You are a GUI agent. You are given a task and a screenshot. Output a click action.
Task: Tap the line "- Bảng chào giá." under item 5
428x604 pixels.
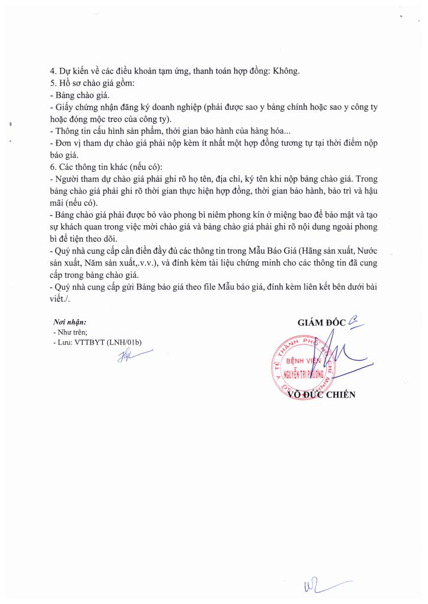[80, 95]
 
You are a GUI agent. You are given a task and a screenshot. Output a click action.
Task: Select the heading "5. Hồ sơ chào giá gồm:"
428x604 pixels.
[93, 83]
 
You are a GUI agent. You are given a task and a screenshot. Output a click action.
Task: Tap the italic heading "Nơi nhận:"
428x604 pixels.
[70, 323]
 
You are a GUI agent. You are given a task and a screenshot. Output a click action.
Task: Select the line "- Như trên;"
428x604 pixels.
[70, 333]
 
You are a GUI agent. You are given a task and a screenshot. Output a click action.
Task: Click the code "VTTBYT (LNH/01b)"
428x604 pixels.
[109, 342]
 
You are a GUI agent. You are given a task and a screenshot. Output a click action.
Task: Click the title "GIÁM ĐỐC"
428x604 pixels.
[322, 323]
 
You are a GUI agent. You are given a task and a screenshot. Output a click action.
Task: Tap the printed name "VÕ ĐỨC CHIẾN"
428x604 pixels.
[321, 395]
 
